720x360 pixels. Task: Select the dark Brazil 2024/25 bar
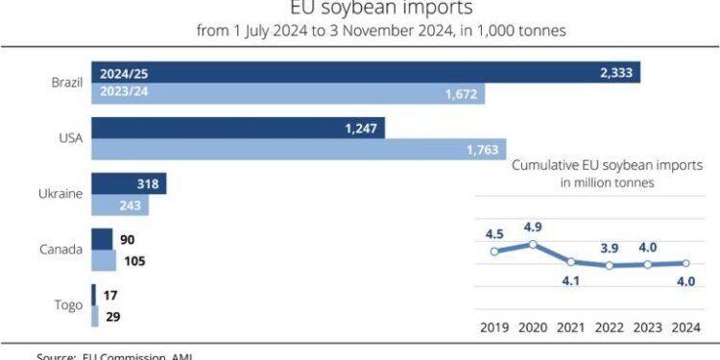coord(365,73)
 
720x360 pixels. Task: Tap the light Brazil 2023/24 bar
coord(288,93)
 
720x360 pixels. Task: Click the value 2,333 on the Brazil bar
coord(613,73)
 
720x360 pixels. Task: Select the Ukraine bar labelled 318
coord(129,183)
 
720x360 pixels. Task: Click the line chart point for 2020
coord(533,244)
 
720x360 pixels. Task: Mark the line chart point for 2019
coord(494,252)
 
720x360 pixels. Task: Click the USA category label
coord(70,138)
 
